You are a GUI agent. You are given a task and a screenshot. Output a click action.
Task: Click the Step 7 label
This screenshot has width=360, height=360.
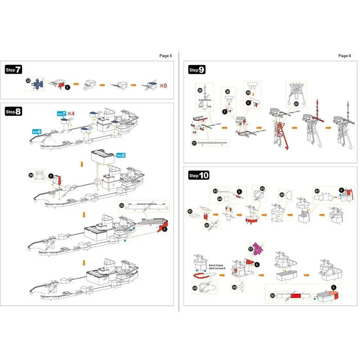[x=13, y=69]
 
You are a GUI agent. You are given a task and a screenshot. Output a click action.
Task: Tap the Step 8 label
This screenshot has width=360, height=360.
[x=13, y=111]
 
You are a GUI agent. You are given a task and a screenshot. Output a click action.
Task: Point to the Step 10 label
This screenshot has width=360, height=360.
[x=199, y=175]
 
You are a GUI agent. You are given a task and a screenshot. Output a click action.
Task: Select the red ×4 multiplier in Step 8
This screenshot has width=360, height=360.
[x=70, y=113]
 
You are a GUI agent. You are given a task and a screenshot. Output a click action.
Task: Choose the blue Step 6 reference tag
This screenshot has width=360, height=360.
[x=36, y=132]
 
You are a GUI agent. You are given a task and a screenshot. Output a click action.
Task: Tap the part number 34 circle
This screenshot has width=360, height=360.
[x=31, y=175]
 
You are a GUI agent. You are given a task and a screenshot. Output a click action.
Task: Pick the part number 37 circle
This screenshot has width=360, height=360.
[x=194, y=143]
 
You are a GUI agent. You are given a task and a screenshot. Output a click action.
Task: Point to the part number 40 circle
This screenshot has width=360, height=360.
[x=296, y=103]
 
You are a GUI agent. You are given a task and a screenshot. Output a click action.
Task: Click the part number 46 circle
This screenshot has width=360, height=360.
[x=281, y=195]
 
